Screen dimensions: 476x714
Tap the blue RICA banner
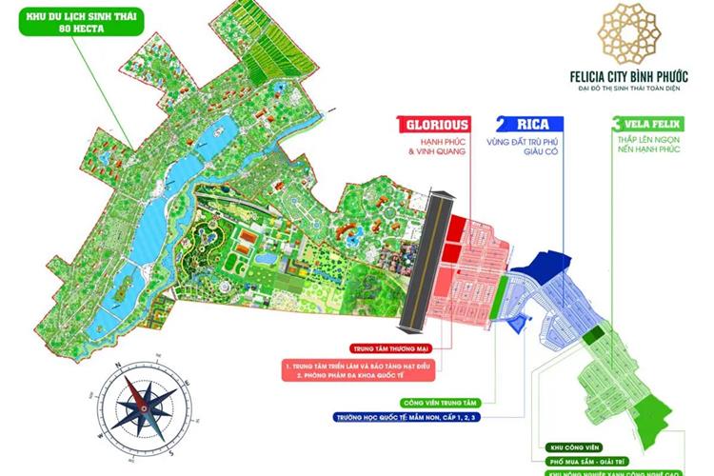coord(529,125)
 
